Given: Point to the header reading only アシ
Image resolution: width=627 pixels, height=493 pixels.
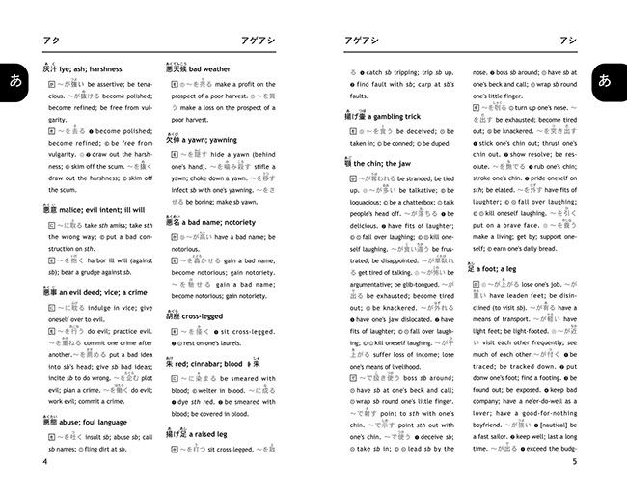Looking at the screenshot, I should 569,41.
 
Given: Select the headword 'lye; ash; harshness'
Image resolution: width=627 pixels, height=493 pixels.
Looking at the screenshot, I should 93,69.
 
